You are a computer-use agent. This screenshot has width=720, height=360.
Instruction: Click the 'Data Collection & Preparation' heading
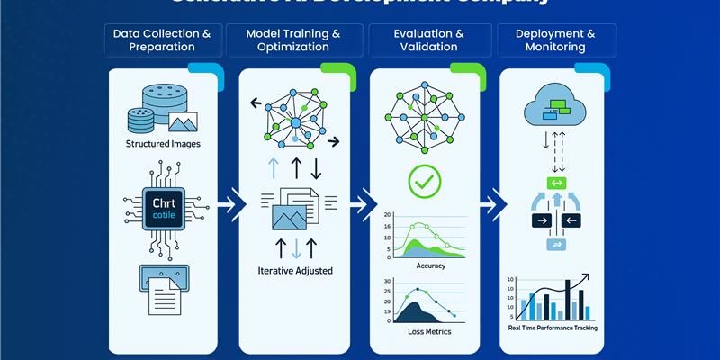[x=162, y=40]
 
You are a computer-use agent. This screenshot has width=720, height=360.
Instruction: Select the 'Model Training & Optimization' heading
[x=293, y=40]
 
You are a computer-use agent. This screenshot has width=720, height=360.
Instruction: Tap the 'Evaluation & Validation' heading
[x=428, y=40]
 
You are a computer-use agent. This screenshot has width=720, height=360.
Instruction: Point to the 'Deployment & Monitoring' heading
[x=555, y=40]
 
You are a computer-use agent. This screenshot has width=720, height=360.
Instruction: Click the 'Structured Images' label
[x=163, y=144]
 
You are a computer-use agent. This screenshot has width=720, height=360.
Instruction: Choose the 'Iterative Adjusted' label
[x=293, y=269]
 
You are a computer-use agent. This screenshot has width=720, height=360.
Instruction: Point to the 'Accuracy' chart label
[x=430, y=265]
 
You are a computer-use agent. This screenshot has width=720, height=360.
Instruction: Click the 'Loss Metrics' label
[x=428, y=332]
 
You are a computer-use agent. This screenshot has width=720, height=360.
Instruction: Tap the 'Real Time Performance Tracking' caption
[x=553, y=328]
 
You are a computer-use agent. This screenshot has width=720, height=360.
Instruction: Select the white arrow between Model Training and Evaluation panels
[x=361, y=204]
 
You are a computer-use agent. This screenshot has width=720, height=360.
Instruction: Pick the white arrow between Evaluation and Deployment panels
[x=491, y=204]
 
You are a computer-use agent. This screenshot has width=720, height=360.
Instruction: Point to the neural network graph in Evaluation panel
[x=424, y=115]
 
